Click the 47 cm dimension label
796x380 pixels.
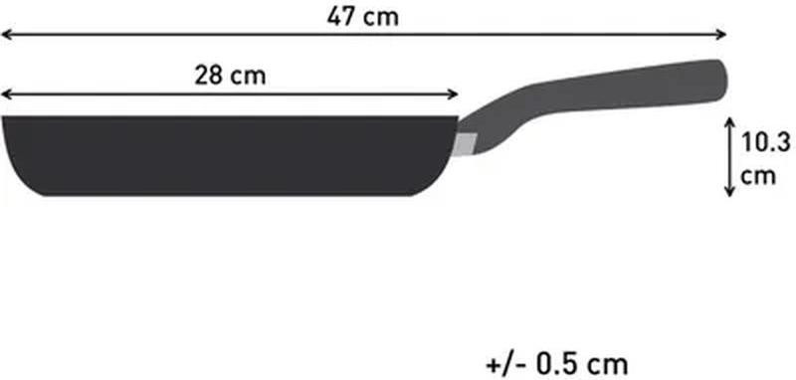(x=362, y=17)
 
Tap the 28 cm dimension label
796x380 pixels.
(x=230, y=77)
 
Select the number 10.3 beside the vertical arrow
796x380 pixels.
(x=766, y=142)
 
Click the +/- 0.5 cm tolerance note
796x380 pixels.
(x=557, y=364)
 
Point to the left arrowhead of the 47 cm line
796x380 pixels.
(x=6, y=34)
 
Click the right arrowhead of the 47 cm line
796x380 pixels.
(x=721, y=34)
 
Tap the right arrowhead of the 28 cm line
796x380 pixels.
(x=453, y=94)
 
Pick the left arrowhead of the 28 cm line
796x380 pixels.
(x=6, y=94)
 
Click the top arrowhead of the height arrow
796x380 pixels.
(x=729, y=122)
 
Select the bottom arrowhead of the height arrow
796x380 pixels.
(x=729, y=191)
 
